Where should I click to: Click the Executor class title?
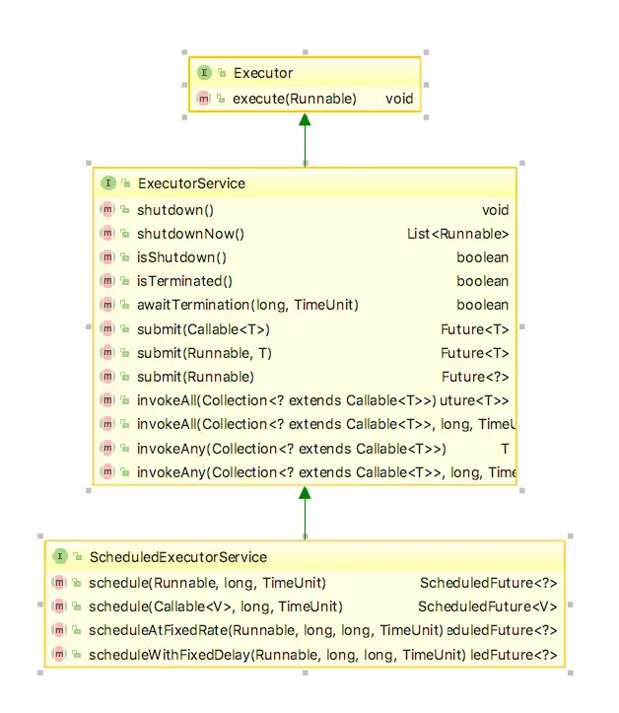262,73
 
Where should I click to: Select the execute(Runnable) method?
294,99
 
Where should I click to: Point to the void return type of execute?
399,99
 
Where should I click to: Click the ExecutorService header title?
191,183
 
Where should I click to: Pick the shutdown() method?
175,210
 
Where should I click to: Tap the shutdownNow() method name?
190,234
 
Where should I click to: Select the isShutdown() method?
181,257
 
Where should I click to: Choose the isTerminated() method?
184,281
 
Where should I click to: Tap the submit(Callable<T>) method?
203,329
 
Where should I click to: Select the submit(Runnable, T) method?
203,353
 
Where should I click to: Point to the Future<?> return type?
475,377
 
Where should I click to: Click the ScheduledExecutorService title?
177,557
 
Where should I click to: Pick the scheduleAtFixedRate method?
265,630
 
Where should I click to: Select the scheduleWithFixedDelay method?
276,654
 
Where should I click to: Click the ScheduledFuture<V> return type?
488,606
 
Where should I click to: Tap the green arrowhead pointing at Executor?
305,120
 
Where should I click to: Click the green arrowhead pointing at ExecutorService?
305,493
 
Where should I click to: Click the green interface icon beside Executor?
204,73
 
